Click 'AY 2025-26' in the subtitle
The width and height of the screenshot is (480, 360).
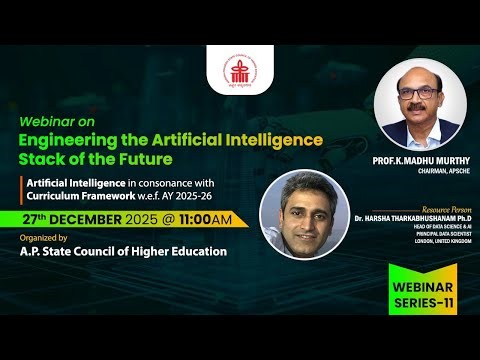(x=199, y=198)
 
